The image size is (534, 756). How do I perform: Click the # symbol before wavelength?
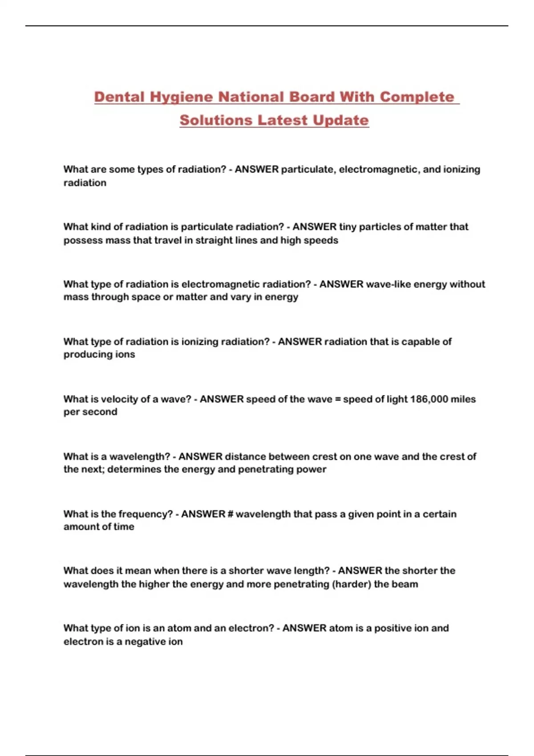point(230,514)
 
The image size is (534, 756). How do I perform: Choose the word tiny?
point(348,227)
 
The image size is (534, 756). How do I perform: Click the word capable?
point(419,342)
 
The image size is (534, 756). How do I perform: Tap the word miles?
point(463,399)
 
